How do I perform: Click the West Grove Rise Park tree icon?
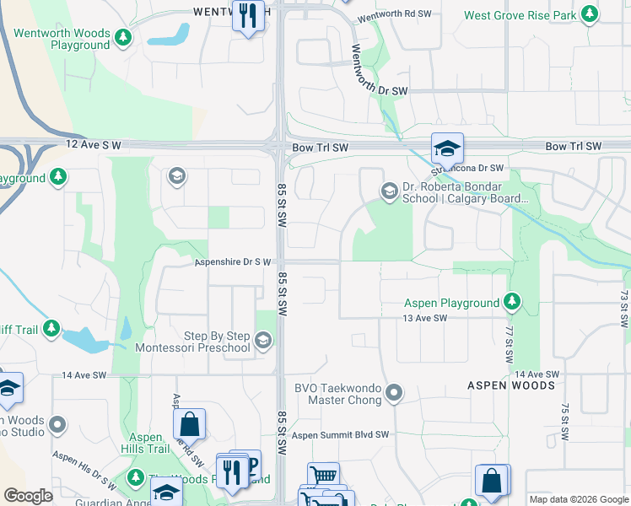tap(590, 15)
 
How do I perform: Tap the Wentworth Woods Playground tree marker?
tap(124, 37)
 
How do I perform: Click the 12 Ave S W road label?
tap(94, 146)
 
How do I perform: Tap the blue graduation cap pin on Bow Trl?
tap(446, 148)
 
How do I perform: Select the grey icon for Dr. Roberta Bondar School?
tap(389, 191)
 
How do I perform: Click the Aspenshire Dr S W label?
tap(233, 262)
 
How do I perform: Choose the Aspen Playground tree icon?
tap(511, 301)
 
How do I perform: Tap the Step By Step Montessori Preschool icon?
tap(263, 340)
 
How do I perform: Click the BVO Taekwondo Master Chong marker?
tap(393, 392)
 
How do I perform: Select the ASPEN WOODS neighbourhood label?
tap(511, 385)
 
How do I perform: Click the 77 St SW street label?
tap(509, 346)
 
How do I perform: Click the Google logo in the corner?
tap(28, 495)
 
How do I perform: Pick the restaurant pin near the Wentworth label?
tap(248, 16)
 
